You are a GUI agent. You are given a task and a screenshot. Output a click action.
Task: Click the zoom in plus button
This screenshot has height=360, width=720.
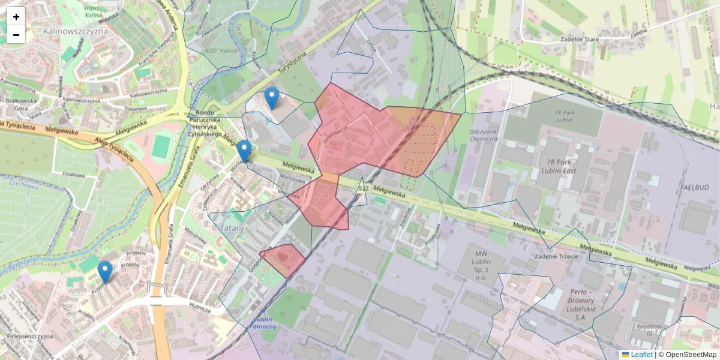16,17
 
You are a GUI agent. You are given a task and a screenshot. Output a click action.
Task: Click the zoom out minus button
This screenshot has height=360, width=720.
16,35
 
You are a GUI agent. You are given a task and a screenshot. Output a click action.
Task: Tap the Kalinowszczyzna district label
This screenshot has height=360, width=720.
76,31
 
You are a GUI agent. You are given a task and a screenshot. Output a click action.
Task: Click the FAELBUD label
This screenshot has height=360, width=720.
695,188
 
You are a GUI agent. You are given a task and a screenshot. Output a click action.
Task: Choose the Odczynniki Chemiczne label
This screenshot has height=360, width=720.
485,135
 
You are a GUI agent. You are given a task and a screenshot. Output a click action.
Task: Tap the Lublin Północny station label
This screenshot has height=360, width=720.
265,323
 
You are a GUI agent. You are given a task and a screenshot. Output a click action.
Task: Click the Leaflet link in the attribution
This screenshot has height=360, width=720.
641,355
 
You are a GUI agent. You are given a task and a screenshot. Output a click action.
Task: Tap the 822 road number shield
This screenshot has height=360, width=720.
363,188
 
